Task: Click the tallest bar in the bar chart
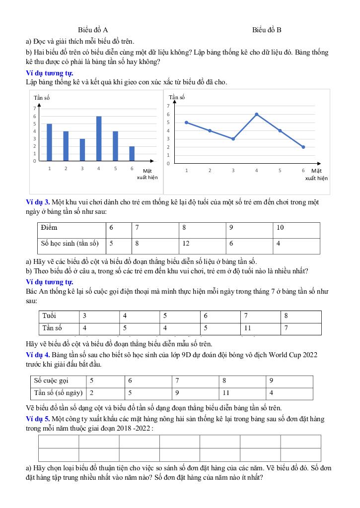[99, 138]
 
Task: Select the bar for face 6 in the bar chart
[132, 153]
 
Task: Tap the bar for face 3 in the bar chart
[82, 150]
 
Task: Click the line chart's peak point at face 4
[257, 114]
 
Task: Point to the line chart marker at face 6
[303, 147]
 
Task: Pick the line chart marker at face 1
[186, 122]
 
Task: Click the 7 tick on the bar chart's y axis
[34, 108]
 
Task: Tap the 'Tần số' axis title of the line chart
[177, 97]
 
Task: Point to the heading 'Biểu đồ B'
[267, 30]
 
